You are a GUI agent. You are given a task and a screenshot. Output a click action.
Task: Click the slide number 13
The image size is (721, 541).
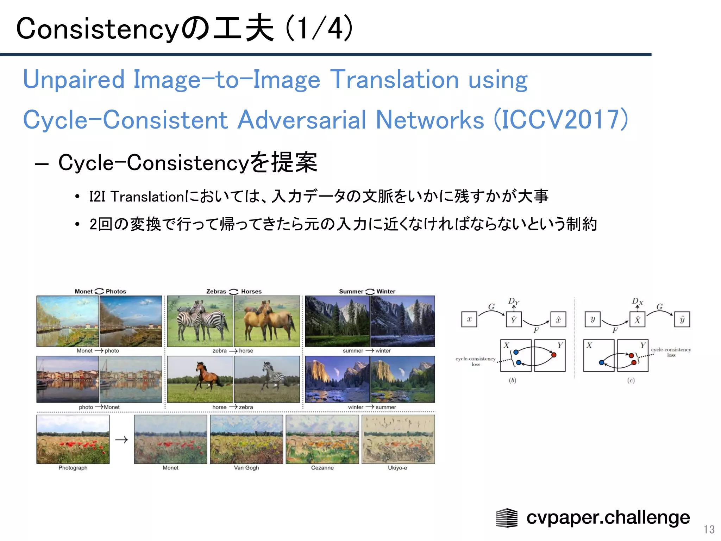coord(709,529)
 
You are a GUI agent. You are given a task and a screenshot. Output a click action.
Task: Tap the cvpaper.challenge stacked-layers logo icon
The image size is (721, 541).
coord(506,517)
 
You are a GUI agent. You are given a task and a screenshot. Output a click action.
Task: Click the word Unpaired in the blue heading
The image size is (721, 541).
coord(74,80)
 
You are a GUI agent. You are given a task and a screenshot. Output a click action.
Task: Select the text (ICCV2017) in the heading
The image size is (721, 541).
coord(561,120)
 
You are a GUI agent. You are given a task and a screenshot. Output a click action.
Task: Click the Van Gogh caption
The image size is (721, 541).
coord(246,468)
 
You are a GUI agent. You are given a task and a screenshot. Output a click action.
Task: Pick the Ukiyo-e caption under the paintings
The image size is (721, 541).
coord(397,468)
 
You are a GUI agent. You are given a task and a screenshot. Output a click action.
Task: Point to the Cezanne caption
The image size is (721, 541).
coord(322,468)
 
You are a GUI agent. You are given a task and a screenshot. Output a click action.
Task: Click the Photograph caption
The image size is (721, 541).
coord(73,468)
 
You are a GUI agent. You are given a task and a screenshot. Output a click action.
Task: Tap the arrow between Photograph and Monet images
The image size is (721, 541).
coord(121,440)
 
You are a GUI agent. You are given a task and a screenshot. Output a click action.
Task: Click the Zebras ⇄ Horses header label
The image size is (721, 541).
coord(234,291)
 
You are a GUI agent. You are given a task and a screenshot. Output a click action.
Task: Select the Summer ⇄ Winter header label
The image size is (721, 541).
coord(367,291)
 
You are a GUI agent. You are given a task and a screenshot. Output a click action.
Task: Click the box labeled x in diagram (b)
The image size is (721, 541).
coord(469,319)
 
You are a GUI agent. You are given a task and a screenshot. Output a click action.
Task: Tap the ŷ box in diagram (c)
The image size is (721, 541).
coord(682,319)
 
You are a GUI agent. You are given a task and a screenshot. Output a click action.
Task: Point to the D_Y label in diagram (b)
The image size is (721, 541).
coord(513,301)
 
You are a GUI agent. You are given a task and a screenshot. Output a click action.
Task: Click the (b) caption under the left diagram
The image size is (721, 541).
coord(513,380)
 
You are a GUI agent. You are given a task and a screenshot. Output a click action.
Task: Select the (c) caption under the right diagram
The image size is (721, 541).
coord(631,380)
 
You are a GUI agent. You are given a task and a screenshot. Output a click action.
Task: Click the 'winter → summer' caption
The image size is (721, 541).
coord(372,407)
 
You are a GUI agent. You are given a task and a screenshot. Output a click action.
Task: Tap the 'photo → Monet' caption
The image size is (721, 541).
coord(99,407)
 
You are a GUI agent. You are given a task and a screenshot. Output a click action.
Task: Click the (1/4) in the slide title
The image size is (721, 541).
coord(319,28)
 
